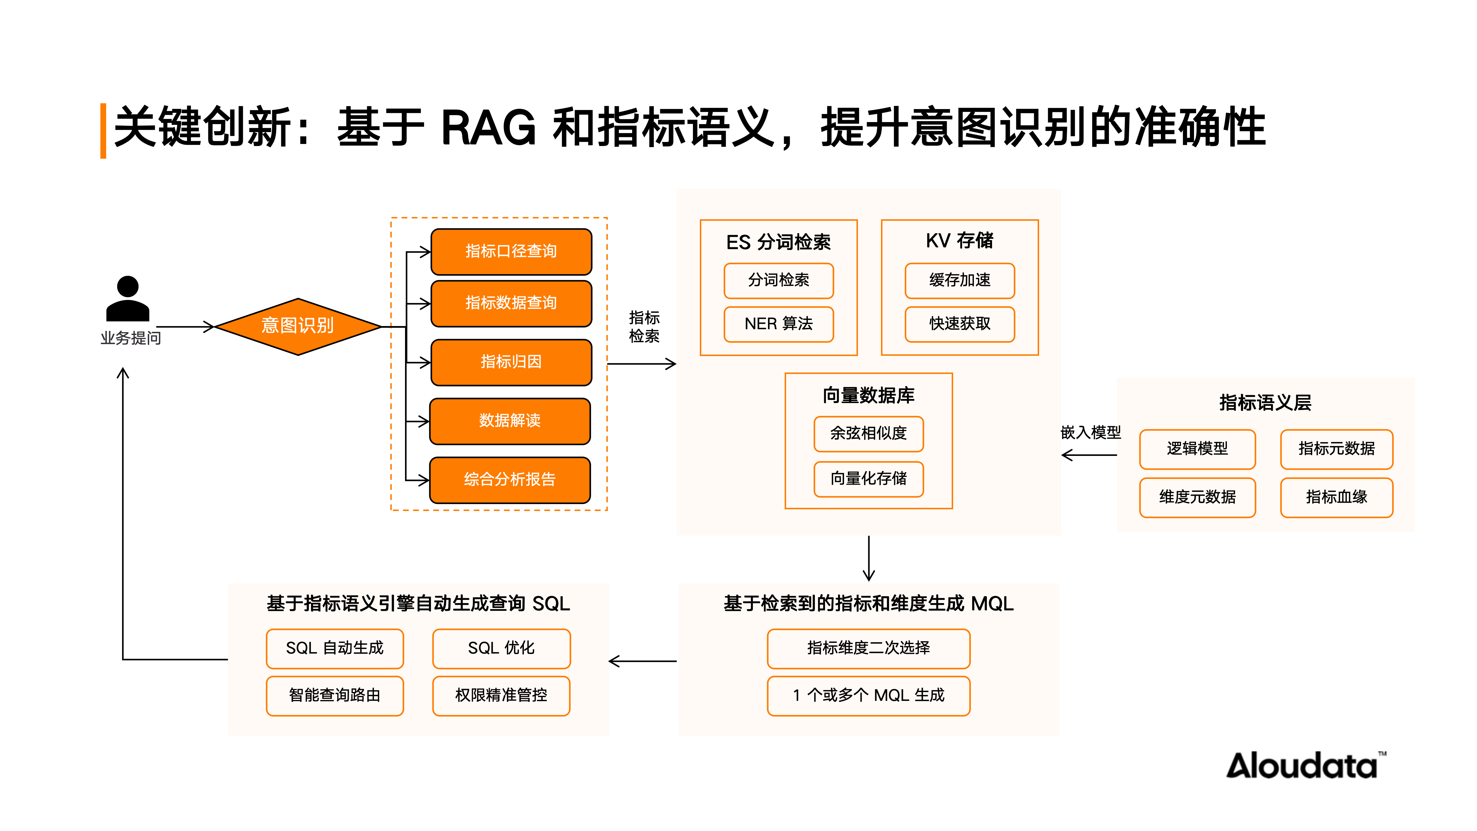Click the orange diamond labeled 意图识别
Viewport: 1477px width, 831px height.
pos(298,326)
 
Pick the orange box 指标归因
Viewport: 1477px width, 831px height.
pos(511,362)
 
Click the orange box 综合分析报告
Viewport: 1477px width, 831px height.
pos(510,480)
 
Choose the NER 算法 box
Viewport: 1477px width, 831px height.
pos(778,324)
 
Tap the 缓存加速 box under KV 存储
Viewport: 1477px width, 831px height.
pos(959,280)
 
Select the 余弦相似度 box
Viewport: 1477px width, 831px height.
pos(868,434)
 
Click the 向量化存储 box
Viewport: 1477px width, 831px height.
pos(868,478)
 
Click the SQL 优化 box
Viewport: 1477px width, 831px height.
pos(501,648)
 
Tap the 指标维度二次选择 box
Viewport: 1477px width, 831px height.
pos(868,648)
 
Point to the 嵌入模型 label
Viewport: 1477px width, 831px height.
pos(1090,433)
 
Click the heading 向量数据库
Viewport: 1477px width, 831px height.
pos(868,396)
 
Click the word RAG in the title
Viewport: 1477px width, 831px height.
pos(488,128)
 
